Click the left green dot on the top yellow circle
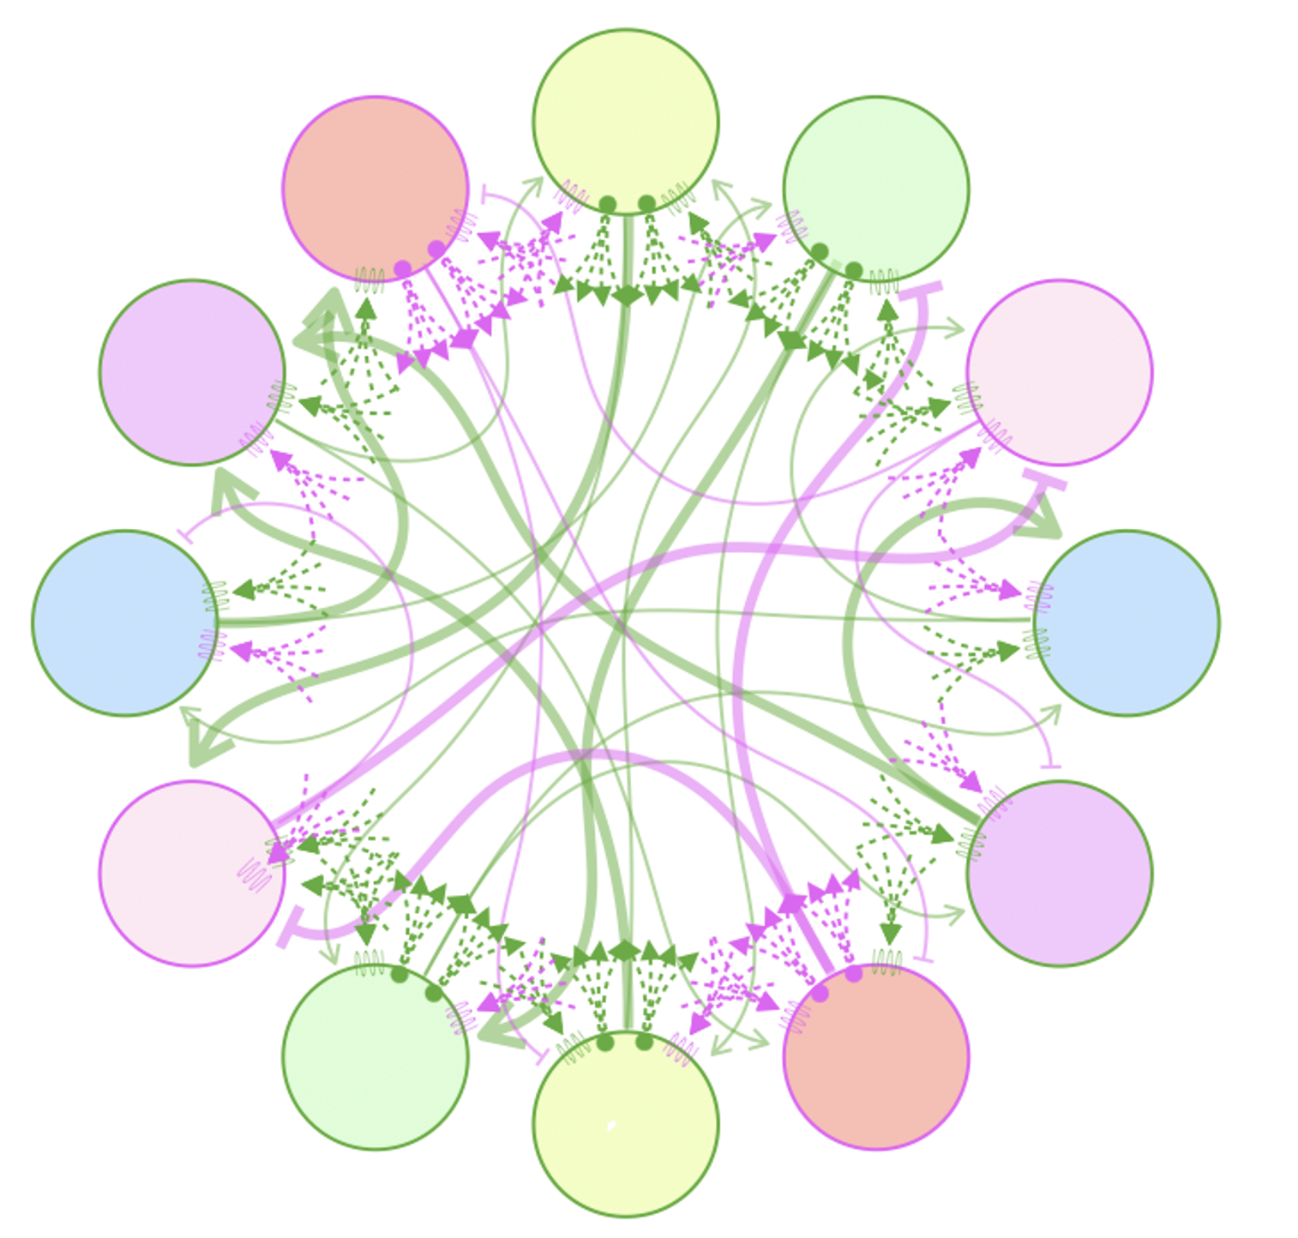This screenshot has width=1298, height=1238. pos(607,204)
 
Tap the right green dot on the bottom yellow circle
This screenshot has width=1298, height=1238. pos(644,1042)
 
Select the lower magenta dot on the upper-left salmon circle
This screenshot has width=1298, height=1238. pos(402,269)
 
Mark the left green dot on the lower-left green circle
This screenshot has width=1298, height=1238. pos(399,974)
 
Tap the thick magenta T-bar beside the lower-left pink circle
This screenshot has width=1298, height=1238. pos(291,928)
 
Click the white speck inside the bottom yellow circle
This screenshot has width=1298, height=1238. pos(610,1126)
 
